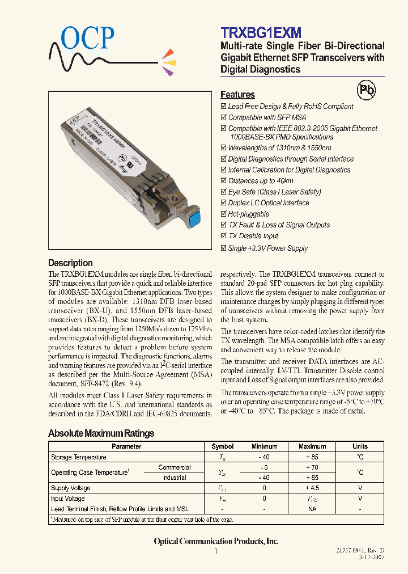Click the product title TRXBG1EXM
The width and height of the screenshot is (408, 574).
(260, 33)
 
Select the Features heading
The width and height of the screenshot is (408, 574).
(237, 95)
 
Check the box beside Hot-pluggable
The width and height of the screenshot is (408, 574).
(223, 214)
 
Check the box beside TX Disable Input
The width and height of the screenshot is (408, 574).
(223, 236)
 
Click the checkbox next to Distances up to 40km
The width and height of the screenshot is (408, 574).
(223, 181)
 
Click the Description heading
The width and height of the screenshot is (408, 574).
(70, 263)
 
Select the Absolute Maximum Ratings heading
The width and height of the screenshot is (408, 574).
(101, 433)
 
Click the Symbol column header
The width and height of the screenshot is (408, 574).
(222, 446)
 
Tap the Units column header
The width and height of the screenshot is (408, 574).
(360, 446)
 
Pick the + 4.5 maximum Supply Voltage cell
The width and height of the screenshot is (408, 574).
(312, 488)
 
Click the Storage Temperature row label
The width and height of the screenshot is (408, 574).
(78, 457)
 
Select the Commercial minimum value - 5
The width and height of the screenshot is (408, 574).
(264, 467)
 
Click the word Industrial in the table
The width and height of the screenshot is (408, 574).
(175, 478)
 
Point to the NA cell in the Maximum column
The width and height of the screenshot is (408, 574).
(312, 509)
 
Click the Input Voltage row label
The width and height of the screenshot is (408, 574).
(67, 499)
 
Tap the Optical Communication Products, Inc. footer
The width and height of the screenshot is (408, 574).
(216, 541)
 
